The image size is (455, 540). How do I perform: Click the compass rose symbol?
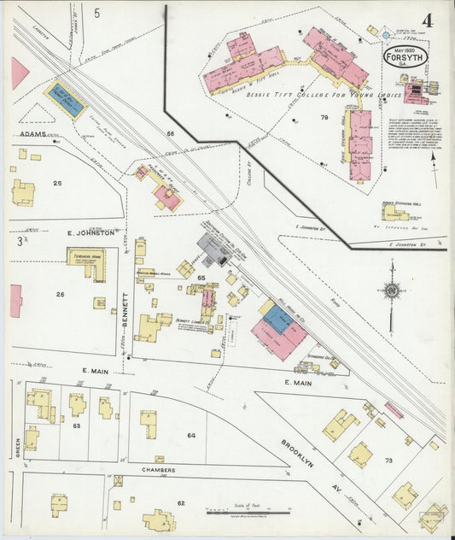tap(391, 291)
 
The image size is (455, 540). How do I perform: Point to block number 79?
tap(324, 117)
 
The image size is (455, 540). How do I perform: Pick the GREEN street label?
tap(16, 449)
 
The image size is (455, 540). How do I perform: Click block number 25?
tap(58, 183)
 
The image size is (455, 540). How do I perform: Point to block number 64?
tap(191, 436)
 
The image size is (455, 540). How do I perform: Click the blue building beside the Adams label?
tap(65, 100)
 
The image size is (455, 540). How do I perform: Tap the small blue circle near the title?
tap(386, 36)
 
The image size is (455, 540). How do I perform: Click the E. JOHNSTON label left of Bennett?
tap(91, 232)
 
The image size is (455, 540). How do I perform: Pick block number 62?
tap(181, 504)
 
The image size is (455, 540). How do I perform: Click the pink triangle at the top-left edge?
tap(19, 73)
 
